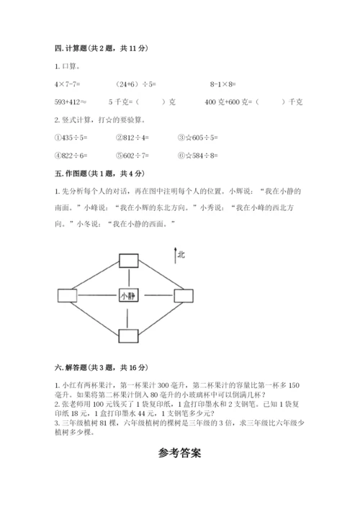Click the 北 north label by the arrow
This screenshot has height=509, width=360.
coord(181,253)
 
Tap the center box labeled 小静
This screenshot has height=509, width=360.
coord(128,295)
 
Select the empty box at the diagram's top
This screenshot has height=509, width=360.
coord(128,260)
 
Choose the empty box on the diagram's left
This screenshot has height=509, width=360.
coord(66,295)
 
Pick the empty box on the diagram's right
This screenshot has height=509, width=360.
coord(184,295)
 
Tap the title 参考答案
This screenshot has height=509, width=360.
coord(179,454)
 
